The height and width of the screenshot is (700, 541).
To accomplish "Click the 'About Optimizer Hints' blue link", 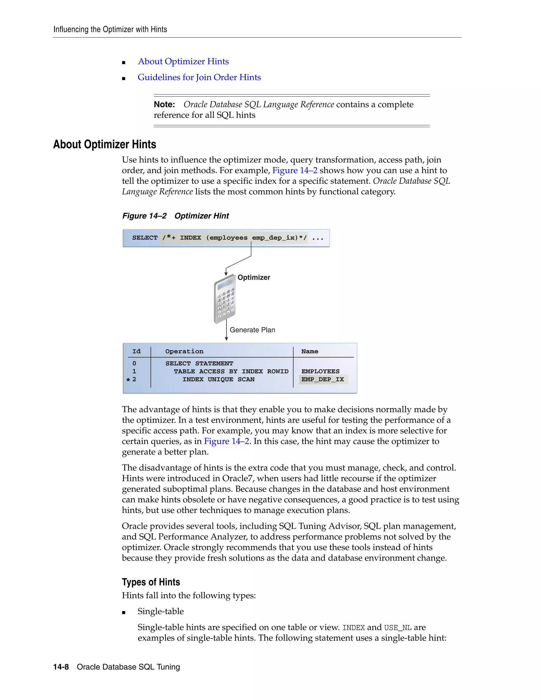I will coord(183,61).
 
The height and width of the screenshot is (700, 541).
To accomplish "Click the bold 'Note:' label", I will coord(164,105).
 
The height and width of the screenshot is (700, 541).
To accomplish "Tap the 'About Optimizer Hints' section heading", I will coord(105,144).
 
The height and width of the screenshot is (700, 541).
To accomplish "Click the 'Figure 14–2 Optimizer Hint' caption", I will coord(175,216).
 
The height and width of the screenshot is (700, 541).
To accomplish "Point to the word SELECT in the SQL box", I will coord(145,238).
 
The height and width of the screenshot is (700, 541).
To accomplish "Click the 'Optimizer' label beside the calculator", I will coord(254,277).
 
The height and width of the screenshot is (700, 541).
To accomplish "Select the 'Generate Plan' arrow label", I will coord(252,330).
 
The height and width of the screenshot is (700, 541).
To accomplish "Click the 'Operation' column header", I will coord(184,351).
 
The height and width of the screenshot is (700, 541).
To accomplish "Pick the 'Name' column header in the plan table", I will coord(310,351).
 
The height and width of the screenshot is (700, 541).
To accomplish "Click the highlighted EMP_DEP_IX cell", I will coord(323,380).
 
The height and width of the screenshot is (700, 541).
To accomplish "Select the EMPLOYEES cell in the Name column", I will coord(320,371).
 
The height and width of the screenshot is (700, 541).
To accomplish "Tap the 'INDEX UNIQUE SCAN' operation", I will coord(218,380).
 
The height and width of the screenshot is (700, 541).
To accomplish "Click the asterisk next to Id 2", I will coord(128,380).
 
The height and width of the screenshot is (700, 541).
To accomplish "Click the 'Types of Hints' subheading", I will coord(151,582).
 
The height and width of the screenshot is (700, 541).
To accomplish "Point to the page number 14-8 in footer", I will coord(61,667).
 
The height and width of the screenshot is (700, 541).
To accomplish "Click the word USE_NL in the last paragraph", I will coord(397,628).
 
